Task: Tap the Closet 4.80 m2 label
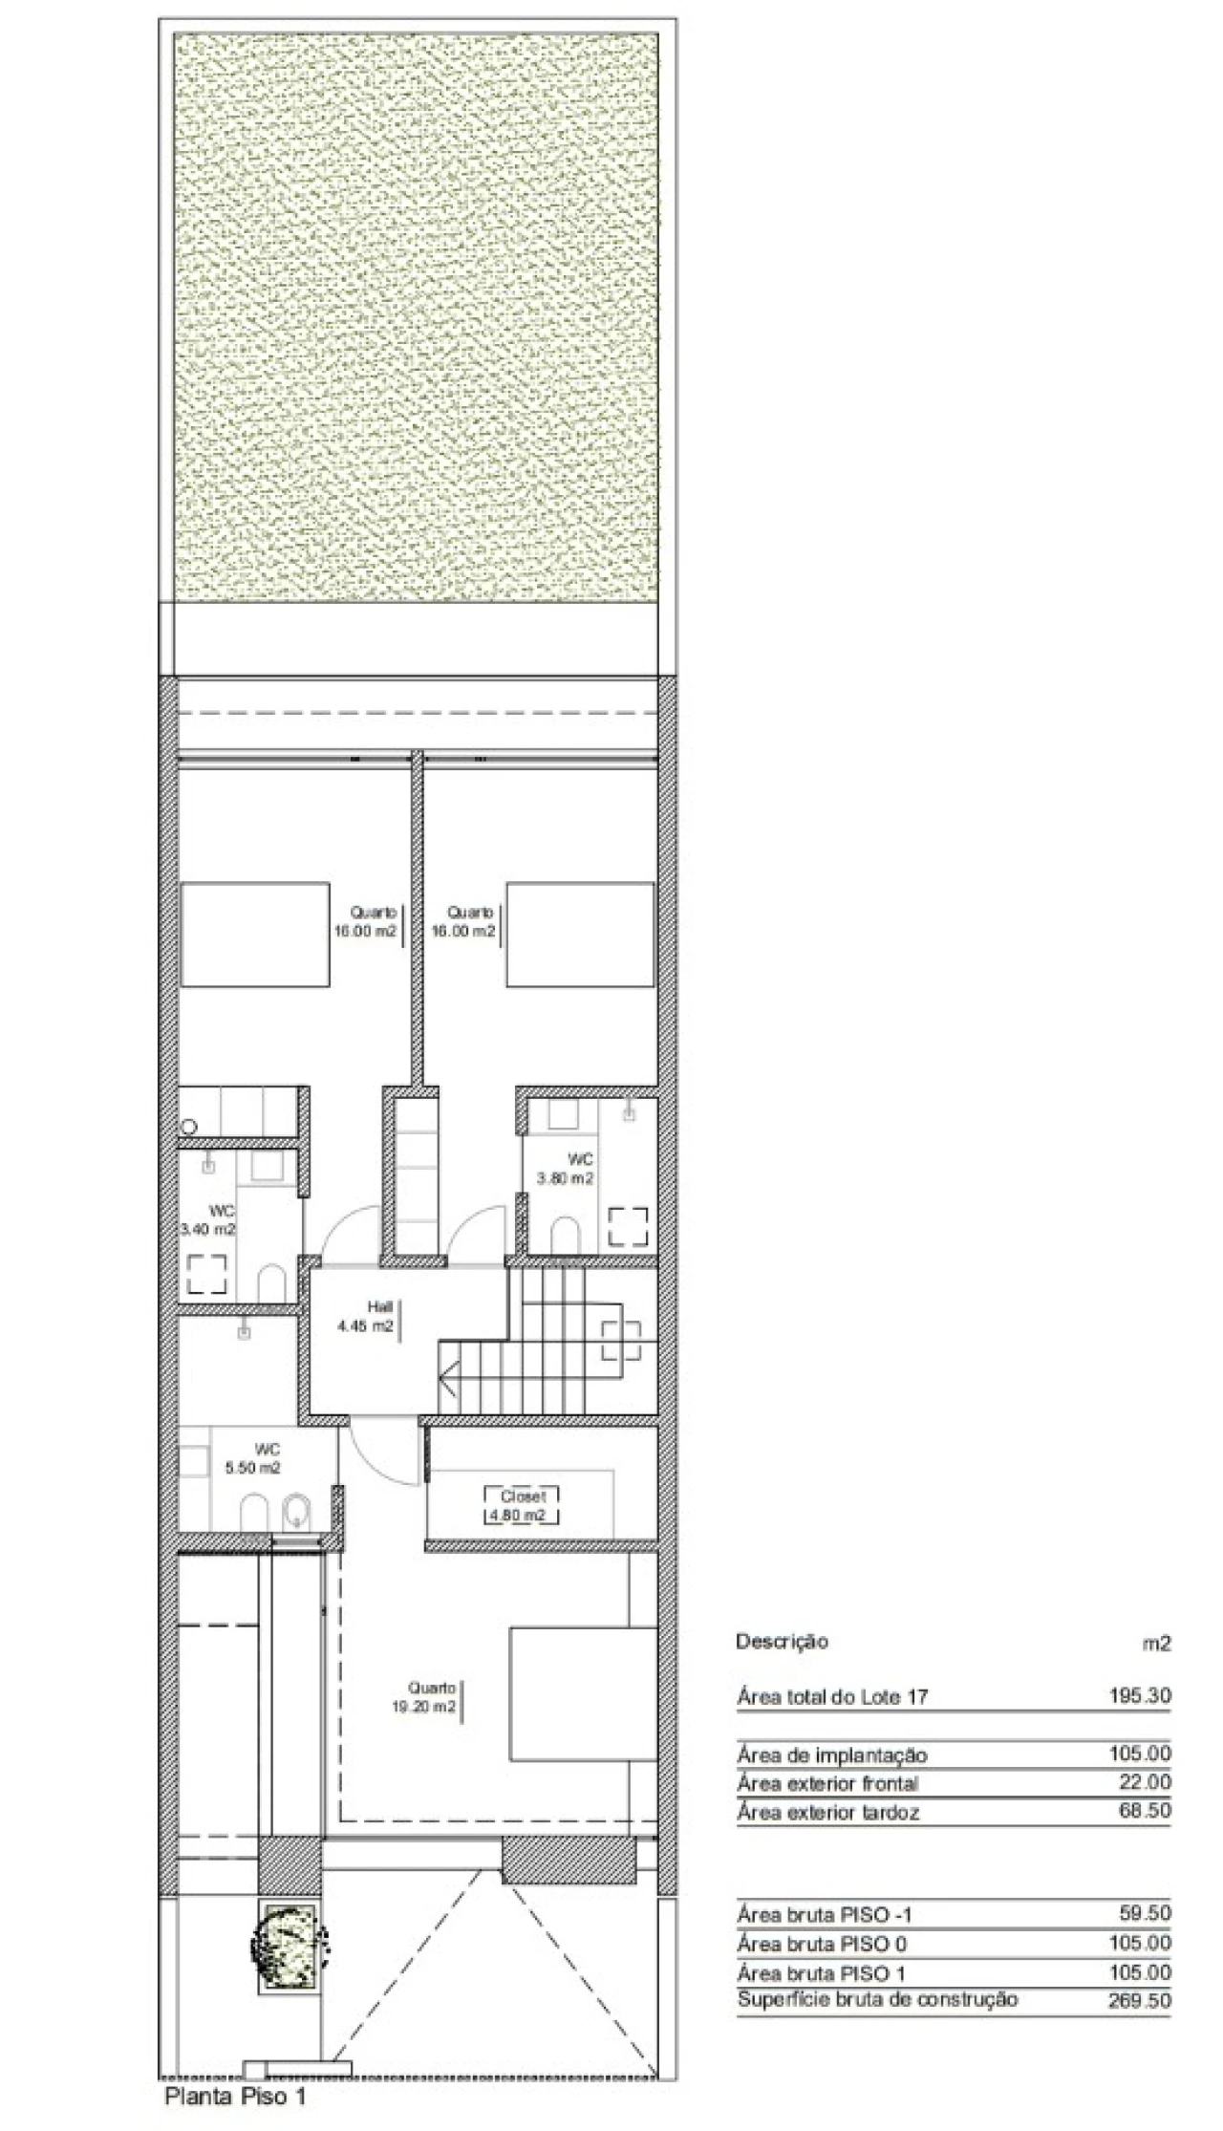523,1505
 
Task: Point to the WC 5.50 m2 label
253,1459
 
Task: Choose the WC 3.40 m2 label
209,1220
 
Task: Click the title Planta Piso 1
236,2098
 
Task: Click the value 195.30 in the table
1140,1696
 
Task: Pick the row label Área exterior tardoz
827,1812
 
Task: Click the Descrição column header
782,1642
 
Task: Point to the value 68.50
1145,1810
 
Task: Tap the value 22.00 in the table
1145,1781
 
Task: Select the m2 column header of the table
1157,1643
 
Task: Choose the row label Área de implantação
831,1754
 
